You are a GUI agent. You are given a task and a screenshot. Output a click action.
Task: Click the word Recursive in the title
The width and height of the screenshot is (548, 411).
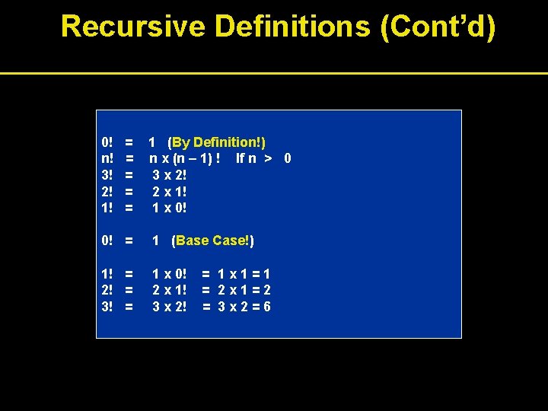(x=133, y=27)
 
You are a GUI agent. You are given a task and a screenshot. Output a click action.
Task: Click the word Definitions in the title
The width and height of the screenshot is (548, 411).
(x=292, y=27)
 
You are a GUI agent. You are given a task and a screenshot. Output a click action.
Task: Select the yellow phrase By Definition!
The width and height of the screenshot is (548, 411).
(x=218, y=142)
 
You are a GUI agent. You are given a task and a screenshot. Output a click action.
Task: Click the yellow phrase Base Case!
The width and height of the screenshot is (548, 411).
(x=215, y=241)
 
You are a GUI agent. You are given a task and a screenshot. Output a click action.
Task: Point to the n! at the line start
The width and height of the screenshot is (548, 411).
(x=107, y=158)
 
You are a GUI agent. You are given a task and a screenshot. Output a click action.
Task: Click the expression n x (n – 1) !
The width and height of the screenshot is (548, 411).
(x=185, y=158)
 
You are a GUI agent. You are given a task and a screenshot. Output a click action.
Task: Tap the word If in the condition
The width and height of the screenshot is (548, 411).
(x=241, y=158)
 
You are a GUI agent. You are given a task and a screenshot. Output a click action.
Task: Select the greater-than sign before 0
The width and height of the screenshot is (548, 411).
(x=267, y=158)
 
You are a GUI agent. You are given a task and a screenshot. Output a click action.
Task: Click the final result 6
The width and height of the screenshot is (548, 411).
(x=266, y=307)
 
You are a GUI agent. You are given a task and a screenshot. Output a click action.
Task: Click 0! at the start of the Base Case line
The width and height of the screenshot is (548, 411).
(x=107, y=241)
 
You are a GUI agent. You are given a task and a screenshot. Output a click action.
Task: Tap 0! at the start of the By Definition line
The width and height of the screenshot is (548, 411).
(x=107, y=142)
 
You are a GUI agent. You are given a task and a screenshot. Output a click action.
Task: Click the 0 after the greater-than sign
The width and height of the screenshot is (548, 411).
(x=287, y=158)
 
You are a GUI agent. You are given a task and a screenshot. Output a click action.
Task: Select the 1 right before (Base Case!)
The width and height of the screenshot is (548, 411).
(x=156, y=241)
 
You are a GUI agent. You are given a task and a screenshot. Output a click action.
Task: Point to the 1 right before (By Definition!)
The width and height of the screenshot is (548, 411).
(x=152, y=142)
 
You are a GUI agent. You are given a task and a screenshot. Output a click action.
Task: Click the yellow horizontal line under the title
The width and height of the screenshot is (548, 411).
(x=274, y=74)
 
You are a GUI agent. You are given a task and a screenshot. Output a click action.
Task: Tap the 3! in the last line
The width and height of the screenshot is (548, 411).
(x=107, y=307)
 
